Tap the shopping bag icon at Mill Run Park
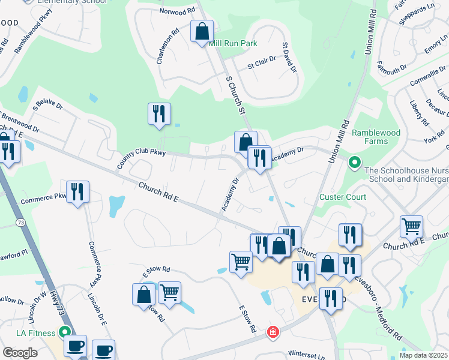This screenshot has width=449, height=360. tap(202, 31)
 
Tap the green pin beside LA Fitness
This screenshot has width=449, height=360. tap(64, 332)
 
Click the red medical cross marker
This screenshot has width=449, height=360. tap(273, 331)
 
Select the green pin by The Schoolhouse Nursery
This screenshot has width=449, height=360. tap(355, 161)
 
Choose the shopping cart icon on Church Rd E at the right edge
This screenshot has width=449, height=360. tap(411, 226)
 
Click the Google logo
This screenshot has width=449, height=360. tap(20, 352)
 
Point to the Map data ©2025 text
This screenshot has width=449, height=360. tap(424, 355)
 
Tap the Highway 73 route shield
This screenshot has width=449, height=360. tap(20, 223)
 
